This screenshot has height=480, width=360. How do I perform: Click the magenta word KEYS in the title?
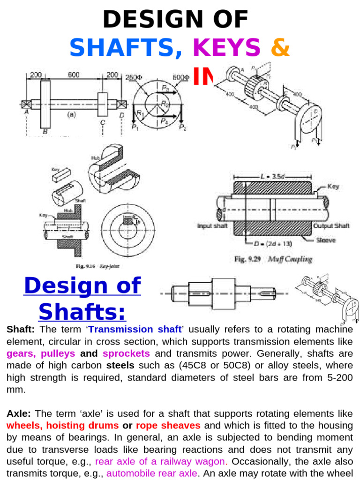[x=226, y=48]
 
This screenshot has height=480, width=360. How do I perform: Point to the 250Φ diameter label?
[x=135, y=77]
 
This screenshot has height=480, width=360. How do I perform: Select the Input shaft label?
[x=212, y=225]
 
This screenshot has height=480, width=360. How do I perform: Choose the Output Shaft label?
[x=331, y=225]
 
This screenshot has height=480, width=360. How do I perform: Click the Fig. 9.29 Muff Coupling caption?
[x=273, y=259]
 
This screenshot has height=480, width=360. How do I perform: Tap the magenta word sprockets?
[x=126, y=353]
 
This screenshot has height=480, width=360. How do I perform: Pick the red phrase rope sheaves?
[x=168, y=425]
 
